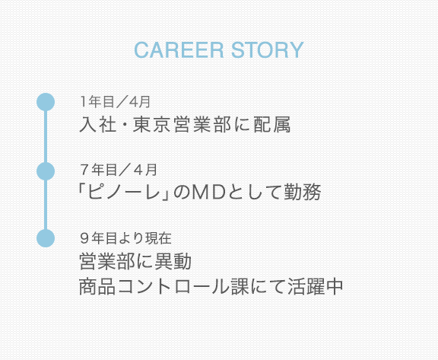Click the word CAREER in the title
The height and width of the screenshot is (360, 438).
point(179,50)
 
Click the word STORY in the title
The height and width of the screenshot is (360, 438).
point(268,50)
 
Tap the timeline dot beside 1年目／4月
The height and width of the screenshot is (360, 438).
point(46,102)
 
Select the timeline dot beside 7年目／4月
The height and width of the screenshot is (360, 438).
point(46,171)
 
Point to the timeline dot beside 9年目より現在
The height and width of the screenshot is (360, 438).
point(46,238)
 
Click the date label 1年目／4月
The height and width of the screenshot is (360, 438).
point(116,102)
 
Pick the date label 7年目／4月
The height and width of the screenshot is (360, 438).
point(119,170)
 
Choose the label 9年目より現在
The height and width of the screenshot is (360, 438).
point(125,238)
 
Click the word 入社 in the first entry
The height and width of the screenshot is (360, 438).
point(98,124)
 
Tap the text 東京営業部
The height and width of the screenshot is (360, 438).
point(182,124)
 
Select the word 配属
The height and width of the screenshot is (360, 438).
point(272,124)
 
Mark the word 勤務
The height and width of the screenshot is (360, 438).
point(303,193)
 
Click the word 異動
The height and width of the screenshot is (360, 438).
point(173,261)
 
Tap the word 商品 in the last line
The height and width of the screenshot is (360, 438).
point(97,286)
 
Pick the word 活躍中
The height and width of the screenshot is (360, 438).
point(315,286)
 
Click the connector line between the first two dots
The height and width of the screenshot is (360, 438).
point(46,137)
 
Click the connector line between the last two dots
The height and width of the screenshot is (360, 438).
point(46,205)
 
